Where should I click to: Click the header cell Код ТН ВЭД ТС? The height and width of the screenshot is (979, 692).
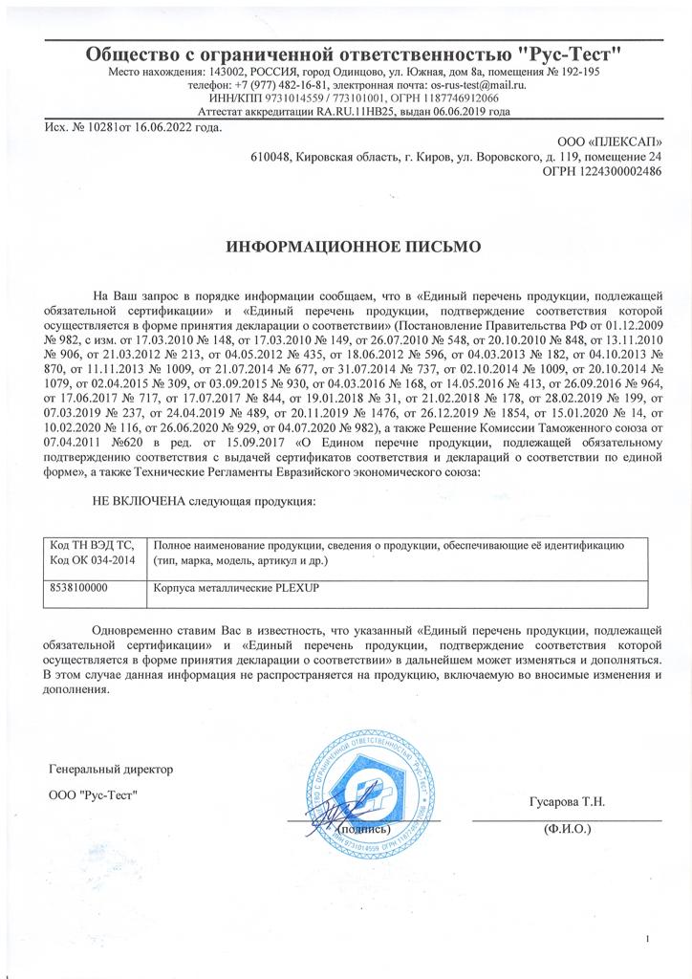pyautogui.click(x=92, y=544)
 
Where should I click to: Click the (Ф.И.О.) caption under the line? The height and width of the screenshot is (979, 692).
pyautogui.click(x=567, y=829)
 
